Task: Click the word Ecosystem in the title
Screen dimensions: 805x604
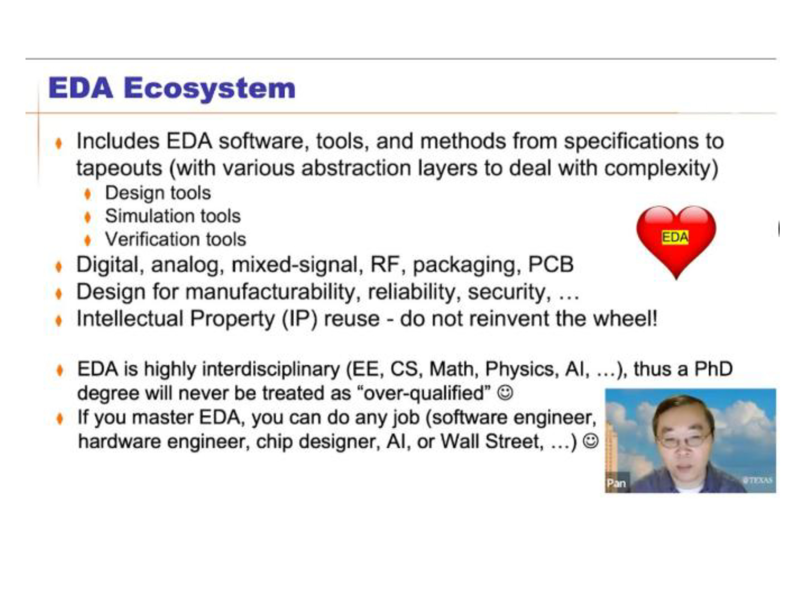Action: point(210,89)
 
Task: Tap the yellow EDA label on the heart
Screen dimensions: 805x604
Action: point(675,237)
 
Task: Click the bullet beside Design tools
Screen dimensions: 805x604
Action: point(87,194)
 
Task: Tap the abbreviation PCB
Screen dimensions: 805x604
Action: point(551,264)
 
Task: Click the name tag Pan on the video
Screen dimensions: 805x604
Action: point(616,483)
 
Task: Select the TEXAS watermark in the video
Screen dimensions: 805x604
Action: point(758,480)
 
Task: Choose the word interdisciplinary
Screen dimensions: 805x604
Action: point(271,369)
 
